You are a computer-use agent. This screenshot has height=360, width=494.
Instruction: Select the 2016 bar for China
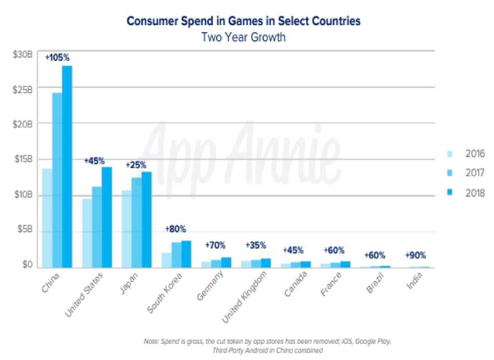click(47, 218)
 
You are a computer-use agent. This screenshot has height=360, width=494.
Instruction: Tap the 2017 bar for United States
click(97, 227)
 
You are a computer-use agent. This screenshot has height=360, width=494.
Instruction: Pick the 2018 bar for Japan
click(146, 220)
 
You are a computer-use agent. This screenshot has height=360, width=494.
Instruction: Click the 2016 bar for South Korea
click(166, 260)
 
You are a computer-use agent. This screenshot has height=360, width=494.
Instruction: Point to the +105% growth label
click(57, 58)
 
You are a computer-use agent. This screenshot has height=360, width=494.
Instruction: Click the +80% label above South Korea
click(175, 229)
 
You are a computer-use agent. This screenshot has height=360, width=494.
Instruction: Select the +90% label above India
click(416, 256)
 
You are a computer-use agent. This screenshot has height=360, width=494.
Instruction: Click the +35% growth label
click(256, 245)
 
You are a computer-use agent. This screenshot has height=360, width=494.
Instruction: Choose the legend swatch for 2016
click(450, 154)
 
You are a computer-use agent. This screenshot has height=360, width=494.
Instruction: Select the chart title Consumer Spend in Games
click(243, 22)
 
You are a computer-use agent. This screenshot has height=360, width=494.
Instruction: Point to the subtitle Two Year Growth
click(243, 37)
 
